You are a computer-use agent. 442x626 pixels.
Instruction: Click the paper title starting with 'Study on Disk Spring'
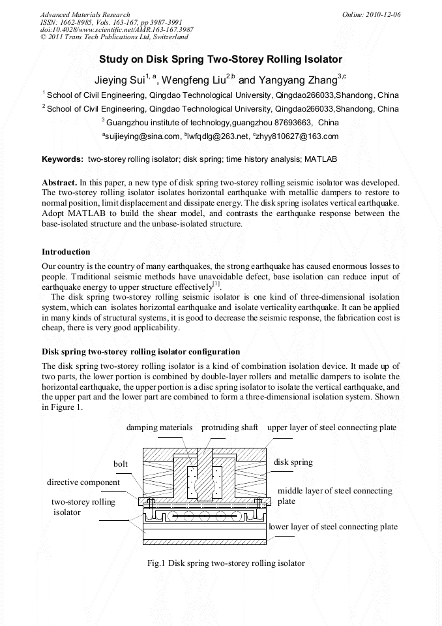[220, 59]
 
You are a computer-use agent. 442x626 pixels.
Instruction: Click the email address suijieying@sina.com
[141, 136]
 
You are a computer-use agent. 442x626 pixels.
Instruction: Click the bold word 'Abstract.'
[59, 182]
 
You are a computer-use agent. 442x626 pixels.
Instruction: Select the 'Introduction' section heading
[66, 252]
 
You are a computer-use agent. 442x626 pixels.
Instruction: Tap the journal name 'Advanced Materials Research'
[85, 14]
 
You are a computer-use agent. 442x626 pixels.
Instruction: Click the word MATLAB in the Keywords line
[321, 159]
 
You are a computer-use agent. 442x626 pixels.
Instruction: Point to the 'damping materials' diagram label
[160, 428]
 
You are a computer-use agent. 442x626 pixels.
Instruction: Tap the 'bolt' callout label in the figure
[121, 463]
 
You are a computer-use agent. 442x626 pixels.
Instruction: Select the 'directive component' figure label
[83, 482]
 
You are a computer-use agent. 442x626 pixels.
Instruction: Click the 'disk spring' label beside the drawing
[293, 462]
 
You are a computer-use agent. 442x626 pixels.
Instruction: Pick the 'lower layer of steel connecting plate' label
[333, 527]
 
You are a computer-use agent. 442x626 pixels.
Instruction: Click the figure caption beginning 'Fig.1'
[226, 563]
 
